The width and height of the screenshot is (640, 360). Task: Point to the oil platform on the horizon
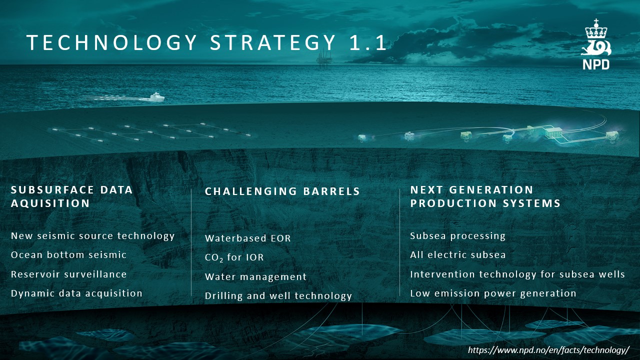pyautogui.click(x=324, y=58)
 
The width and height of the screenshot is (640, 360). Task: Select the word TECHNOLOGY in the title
pyautogui.click(x=111, y=42)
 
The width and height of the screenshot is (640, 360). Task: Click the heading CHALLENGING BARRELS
pyautogui.click(x=282, y=191)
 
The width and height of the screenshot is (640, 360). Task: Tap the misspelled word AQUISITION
pyautogui.click(x=50, y=203)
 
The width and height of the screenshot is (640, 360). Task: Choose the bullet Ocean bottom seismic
pyautogui.click(x=68, y=255)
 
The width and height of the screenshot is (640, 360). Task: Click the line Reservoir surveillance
pyautogui.click(x=68, y=274)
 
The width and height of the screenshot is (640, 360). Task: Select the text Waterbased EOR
pyautogui.click(x=247, y=238)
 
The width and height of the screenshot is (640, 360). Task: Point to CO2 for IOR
pyautogui.click(x=234, y=257)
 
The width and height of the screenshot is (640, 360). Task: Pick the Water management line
pyautogui.click(x=255, y=276)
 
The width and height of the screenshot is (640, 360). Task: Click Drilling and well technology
pyautogui.click(x=278, y=296)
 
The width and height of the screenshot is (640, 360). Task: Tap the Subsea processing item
pyautogui.click(x=457, y=236)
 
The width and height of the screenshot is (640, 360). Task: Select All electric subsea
pyautogui.click(x=457, y=255)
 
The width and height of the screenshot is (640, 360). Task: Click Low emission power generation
pyautogui.click(x=493, y=293)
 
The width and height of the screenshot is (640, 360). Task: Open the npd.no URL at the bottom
pyautogui.click(x=548, y=349)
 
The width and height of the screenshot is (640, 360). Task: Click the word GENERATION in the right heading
pyautogui.click(x=491, y=189)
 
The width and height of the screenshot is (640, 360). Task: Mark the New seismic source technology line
pyautogui.click(x=92, y=236)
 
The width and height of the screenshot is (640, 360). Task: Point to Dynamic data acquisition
pyautogui.click(x=76, y=293)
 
